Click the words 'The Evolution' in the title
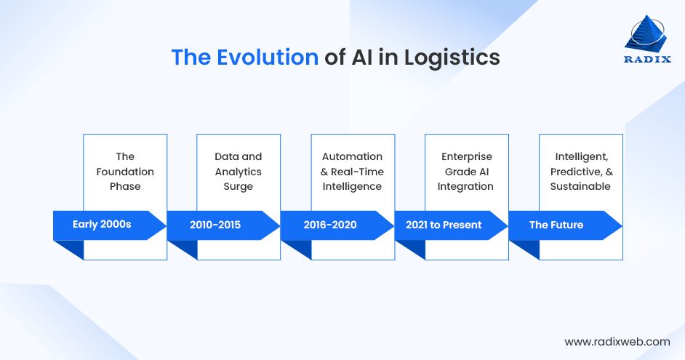coord(244,57)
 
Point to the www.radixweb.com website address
coord(617,341)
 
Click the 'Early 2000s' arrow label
coord(102,225)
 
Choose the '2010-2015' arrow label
coord(215,225)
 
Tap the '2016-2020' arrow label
coord(330,225)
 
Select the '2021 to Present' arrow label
coord(444,225)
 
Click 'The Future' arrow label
coord(556,225)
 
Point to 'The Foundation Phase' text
coord(125,172)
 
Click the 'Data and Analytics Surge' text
coord(239,172)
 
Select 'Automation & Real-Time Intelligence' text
coord(352,172)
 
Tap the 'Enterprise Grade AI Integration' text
coord(466,172)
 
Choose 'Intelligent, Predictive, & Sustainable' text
coord(580,172)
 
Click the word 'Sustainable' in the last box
coord(580,187)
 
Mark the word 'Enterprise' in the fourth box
coord(466,156)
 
